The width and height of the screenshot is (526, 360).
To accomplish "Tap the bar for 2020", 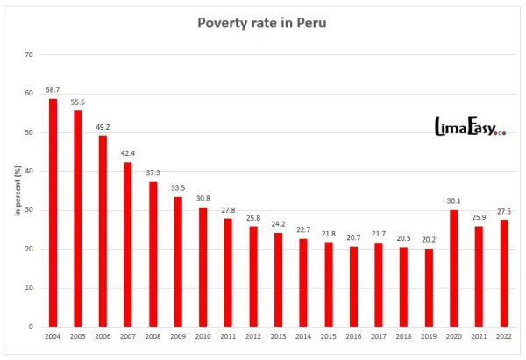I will point(454,268).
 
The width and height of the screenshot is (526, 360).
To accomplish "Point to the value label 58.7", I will point(53,90).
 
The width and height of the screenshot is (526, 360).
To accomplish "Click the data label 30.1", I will point(454,201).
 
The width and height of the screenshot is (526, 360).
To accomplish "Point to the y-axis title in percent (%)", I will point(17,190).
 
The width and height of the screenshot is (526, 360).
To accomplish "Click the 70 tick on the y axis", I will point(29,54).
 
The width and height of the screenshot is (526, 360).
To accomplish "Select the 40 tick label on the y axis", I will point(29,171).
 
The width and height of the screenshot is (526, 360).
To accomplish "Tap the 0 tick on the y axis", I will point(32,327).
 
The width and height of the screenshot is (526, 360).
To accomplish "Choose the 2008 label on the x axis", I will point(153,336).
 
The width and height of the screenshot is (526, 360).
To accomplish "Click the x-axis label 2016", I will point(353,336).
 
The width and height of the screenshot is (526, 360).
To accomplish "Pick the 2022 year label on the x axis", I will point(504,336).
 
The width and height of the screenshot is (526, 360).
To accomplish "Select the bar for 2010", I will point(203,266).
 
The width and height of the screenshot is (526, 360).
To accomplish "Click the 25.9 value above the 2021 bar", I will point(479,218).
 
